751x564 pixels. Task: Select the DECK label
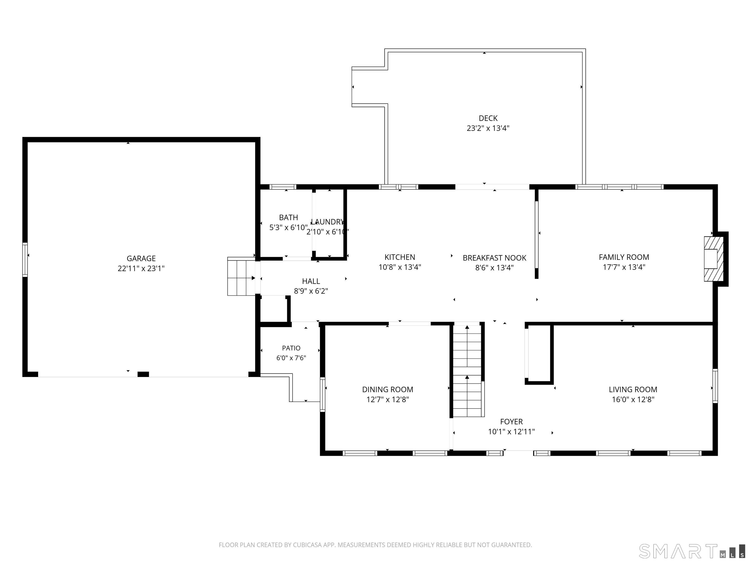488,118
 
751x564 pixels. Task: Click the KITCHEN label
400,257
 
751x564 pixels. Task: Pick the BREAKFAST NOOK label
494,258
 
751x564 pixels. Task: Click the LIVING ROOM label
633,390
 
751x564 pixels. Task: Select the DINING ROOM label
387,390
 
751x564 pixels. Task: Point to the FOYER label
511,422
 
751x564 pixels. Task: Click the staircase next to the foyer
467,371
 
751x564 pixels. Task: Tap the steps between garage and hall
241,276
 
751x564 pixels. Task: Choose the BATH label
288,218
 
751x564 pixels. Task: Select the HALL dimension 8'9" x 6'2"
311,291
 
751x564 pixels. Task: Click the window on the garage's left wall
25,259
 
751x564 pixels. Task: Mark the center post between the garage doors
143,374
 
